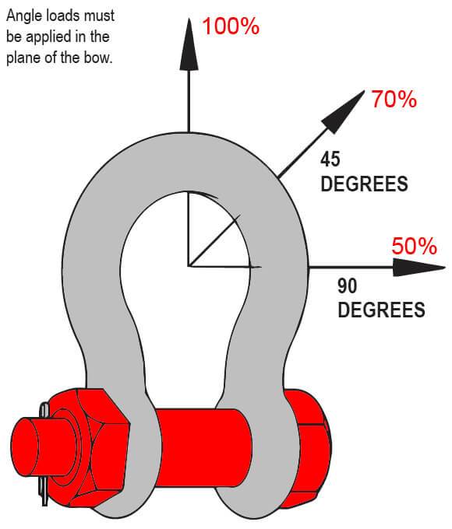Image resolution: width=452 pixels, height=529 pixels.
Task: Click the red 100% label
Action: tap(231, 26)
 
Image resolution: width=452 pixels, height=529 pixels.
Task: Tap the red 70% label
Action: tap(394, 100)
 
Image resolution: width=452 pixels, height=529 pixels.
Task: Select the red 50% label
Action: tap(414, 246)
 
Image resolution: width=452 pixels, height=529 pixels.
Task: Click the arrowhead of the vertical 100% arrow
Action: tap(189, 44)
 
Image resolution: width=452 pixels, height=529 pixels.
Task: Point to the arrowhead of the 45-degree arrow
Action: tap(344, 112)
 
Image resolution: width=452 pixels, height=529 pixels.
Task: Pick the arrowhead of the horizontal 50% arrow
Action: tap(418, 268)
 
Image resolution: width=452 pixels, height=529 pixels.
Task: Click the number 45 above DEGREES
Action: tap(330, 159)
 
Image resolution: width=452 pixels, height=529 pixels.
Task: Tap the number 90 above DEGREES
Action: tap(348, 286)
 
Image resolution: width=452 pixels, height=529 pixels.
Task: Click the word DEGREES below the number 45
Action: tap(364, 184)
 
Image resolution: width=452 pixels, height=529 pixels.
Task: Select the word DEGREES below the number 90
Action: tap(381, 310)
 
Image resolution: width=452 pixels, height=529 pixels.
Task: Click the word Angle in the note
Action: tap(23, 16)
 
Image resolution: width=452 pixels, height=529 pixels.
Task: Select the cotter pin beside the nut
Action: tap(44, 455)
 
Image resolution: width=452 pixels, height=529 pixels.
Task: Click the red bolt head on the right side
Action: tap(307, 449)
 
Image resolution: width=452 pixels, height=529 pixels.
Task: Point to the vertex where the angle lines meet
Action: tap(189, 267)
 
